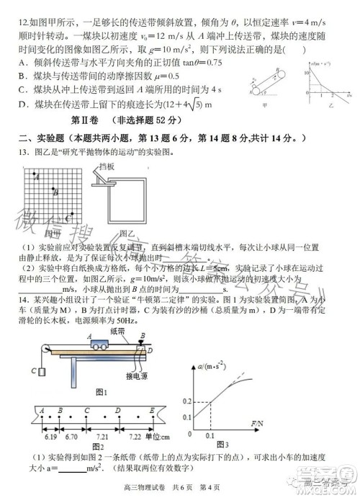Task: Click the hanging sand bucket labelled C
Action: point(42,372)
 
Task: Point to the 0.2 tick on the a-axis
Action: point(186,400)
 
